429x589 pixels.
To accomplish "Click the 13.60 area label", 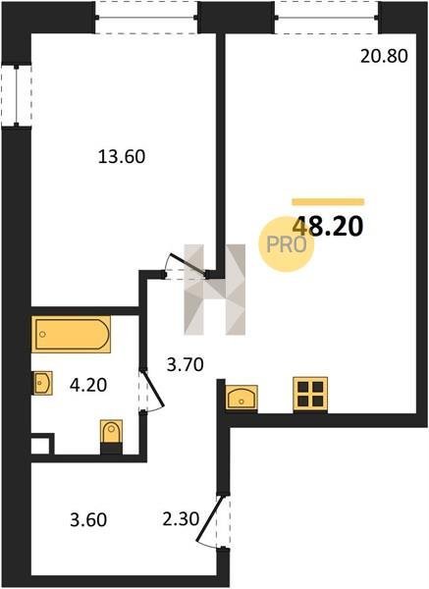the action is point(122,157).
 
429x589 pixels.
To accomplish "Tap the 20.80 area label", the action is point(384,57).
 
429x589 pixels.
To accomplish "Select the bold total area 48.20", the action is point(328,227).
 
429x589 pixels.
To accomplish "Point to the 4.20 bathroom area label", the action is point(88,385).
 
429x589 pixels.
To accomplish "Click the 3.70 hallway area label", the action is point(186,364).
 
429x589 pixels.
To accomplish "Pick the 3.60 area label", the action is point(88,520).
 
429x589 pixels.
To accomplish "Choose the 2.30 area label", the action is point(181,519).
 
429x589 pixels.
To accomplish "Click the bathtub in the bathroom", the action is point(71,335).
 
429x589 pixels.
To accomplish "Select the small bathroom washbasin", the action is point(42,383).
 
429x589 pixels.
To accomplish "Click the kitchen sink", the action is point(241,398).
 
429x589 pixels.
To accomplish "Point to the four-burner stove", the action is point(310,394).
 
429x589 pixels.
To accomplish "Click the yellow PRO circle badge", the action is point(287,244).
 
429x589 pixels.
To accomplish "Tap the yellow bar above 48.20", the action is point(328,201).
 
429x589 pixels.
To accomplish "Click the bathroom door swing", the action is point(152,391).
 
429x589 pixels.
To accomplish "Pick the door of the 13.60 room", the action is point(186,266).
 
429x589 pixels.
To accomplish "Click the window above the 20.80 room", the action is point(327,18).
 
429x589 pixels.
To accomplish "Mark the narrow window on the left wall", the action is point(16,95).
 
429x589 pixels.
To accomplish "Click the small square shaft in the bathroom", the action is point(40,445).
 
